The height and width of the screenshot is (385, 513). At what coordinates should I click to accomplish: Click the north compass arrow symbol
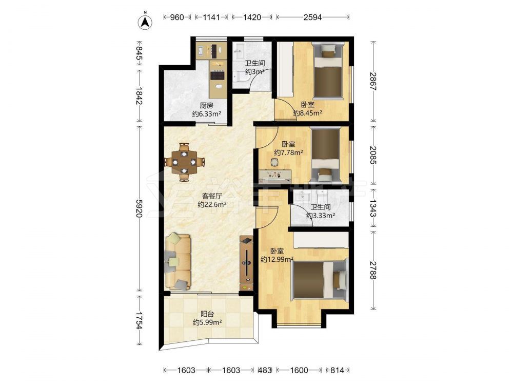point(145,22)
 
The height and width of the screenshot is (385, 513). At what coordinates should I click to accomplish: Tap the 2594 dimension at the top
point(312,17)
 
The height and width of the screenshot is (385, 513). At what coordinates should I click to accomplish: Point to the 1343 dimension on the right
point(372,208)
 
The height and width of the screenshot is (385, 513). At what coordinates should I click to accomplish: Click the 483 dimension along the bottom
point(265,370)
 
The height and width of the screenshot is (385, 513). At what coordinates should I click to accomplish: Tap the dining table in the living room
point(184,162)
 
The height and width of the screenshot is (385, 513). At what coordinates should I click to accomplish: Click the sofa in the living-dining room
point(177,262)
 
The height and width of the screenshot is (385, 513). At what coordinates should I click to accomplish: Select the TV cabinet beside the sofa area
point(246,263)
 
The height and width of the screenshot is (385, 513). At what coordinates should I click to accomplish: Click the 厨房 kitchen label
point(206,105)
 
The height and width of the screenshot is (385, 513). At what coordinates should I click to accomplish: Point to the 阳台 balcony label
point(207,314)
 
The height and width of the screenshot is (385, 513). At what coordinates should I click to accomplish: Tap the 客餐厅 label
point(212,196)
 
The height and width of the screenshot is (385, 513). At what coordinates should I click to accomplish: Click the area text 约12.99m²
point(277,260)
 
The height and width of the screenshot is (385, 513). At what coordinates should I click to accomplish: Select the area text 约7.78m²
point(288,152)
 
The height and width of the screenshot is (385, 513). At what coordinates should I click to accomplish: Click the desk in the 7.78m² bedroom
point(275,176)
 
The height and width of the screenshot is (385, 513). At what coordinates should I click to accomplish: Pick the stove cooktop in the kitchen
point(218,75)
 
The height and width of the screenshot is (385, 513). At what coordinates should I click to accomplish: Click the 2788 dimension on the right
point(372,270)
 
